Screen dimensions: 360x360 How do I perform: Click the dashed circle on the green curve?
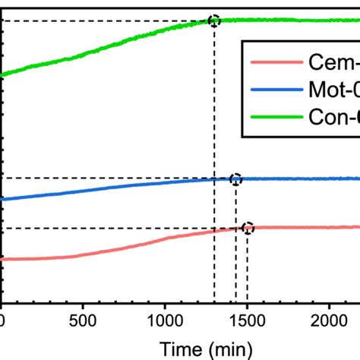coord(214,21)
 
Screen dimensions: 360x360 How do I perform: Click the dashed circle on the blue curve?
coord(235,179)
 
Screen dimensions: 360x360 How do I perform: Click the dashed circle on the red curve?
coord(247,228)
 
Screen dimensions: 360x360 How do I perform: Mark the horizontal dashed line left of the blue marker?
coord(114,178)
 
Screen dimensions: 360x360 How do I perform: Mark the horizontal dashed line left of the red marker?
coord(114,228)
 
